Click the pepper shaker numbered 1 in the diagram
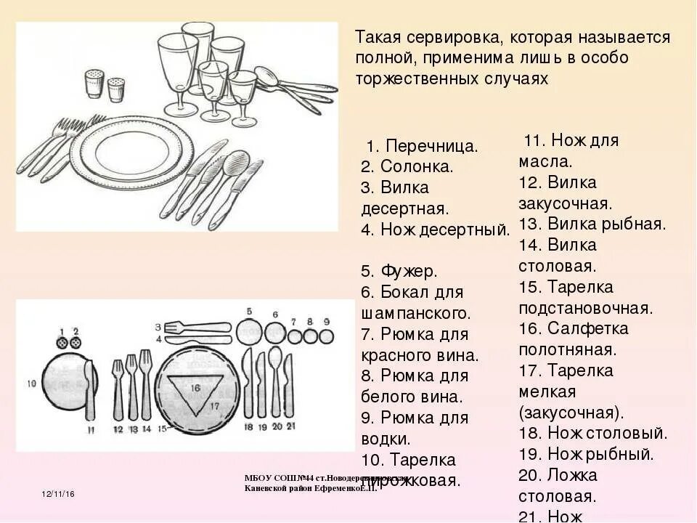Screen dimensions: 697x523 click(62, 341)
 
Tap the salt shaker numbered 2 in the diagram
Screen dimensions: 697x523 click(76, 341)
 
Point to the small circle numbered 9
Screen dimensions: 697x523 click(327, 336)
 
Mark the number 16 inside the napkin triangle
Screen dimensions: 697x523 click(195, 388)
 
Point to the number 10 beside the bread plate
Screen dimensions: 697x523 click(31, 381)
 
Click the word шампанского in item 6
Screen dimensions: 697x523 click(415, 314)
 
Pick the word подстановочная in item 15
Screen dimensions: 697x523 click(586, 307)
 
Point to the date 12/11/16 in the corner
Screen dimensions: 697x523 click(59, 494)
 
